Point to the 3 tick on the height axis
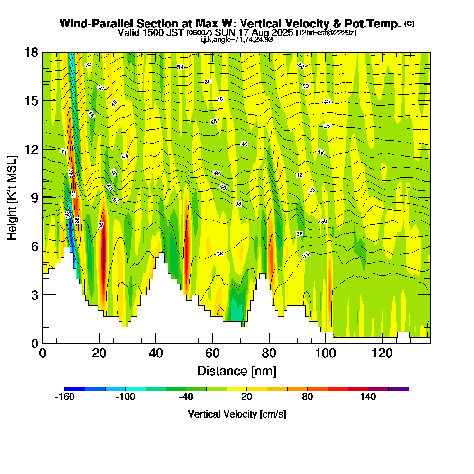pyautogui.click(x=34, y=295)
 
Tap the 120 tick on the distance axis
pyautogui.click(x=382, y=353)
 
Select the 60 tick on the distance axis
pyautogui.click(x=212, y=353)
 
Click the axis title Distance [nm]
pyautogui.click(x=236, y=371)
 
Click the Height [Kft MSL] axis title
pyautogui.click(x=12, y=197)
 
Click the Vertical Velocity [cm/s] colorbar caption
pyautogui.click(x=237, y=414)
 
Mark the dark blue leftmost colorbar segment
pyautogui.click(x=75, y=389)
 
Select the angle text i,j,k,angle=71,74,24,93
pyautogui.click(x=237, y=40)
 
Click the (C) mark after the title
pyautogui.click(x=409, y=24)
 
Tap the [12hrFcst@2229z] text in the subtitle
pyautogui.click(x=326, y=33)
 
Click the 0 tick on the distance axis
pyautogui.click(x=43, y=353)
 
